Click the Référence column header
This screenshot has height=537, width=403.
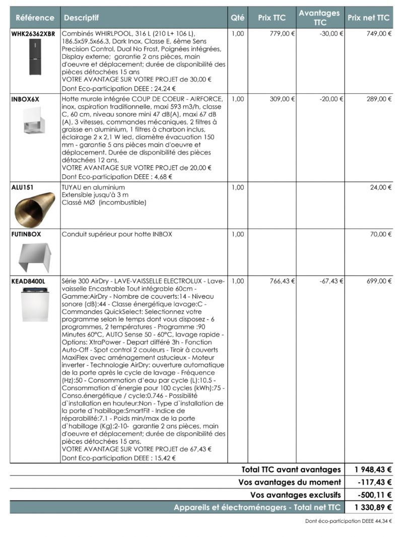(x=35, y=18)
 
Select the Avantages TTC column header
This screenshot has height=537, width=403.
(x=319, y=18)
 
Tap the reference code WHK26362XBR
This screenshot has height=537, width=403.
(x=33, y=34)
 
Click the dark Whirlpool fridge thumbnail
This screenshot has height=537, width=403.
(x=35, y=57)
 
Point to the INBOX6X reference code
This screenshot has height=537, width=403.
(x=25, y=99)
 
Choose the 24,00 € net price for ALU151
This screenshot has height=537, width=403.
(x=381, y=187)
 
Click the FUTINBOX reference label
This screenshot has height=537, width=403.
(x=26, y=234)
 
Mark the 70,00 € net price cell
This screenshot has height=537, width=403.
(x=381, y=234)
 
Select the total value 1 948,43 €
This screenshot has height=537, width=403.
(x=373, y=469)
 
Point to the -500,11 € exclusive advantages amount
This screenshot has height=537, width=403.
(x=374, y=495)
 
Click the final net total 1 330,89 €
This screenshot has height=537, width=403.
(x=373, y=507)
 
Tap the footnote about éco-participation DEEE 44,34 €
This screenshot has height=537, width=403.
(x=348, y=521)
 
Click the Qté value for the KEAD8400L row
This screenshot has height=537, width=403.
(x=238, y=281)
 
